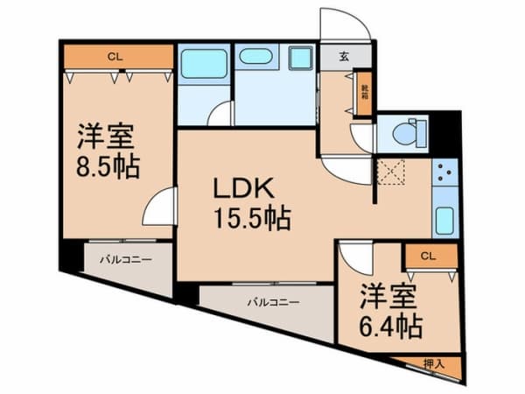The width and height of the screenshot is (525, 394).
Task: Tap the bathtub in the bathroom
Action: point(204,65)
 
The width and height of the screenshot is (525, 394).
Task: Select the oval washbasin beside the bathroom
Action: point(255,57)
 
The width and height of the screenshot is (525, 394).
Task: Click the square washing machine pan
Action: point(302,58)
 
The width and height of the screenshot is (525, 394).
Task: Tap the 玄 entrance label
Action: point(344,57)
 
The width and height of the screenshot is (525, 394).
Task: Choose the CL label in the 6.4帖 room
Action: point(427,256)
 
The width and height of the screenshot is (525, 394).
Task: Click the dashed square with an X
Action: point(390,172)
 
